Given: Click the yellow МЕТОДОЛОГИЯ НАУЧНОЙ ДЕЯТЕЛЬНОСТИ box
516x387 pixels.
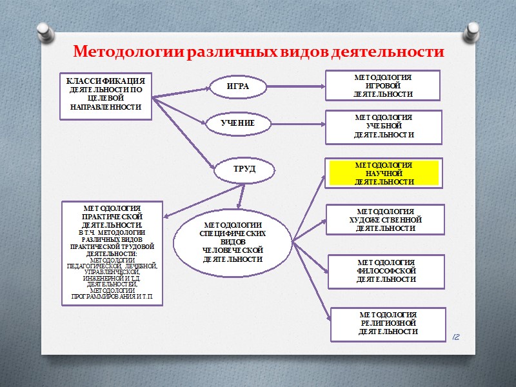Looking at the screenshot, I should click(383, 174).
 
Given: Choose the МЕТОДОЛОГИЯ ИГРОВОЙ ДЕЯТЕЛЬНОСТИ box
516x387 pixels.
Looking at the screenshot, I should click(382, 85).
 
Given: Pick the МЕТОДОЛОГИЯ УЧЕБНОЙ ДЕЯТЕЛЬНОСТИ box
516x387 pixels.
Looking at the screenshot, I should click(383, 126).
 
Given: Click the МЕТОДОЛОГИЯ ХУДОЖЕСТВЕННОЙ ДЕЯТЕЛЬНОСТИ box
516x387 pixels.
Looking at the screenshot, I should click(385, 219).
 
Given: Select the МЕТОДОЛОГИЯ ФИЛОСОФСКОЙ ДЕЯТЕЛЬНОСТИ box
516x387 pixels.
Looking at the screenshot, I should click(386, 271).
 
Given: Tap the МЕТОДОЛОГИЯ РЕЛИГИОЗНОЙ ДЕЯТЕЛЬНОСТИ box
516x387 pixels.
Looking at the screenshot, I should click(388, 323).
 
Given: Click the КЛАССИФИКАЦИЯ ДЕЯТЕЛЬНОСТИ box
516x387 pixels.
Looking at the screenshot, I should click(106, 95).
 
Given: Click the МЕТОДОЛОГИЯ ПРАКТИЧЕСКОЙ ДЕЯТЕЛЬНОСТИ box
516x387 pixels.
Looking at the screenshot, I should click(112, 253).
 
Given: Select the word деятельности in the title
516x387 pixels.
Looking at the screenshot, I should click(387, 51).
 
